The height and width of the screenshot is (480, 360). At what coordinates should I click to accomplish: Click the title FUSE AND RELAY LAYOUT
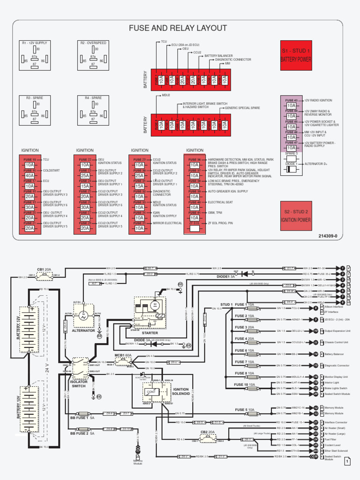[x=178, y=29]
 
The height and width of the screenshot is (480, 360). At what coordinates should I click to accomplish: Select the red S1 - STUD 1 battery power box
[x=296, y=55]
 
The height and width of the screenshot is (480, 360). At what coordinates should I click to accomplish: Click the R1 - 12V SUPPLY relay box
[x=34, y=55]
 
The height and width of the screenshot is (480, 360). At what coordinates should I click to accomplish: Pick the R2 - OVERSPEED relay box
[x=93, y=55]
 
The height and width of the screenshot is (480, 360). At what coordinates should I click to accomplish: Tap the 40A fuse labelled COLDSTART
[x=30, y=175]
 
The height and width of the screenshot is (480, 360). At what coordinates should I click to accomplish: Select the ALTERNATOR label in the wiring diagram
[x=83, y=330]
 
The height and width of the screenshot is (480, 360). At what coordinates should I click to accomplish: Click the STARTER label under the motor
[x=150, y=333]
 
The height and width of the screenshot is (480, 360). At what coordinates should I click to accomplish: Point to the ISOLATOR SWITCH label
[x=79, y=383]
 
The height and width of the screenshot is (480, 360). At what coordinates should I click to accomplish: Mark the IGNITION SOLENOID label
[x=181, y=392]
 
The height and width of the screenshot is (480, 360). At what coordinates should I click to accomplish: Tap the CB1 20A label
[x=44, y=270]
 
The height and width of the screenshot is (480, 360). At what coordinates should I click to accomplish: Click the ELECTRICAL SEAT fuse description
[x=220, y=202]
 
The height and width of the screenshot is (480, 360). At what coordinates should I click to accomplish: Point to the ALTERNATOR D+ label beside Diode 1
[x=317, y=164]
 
